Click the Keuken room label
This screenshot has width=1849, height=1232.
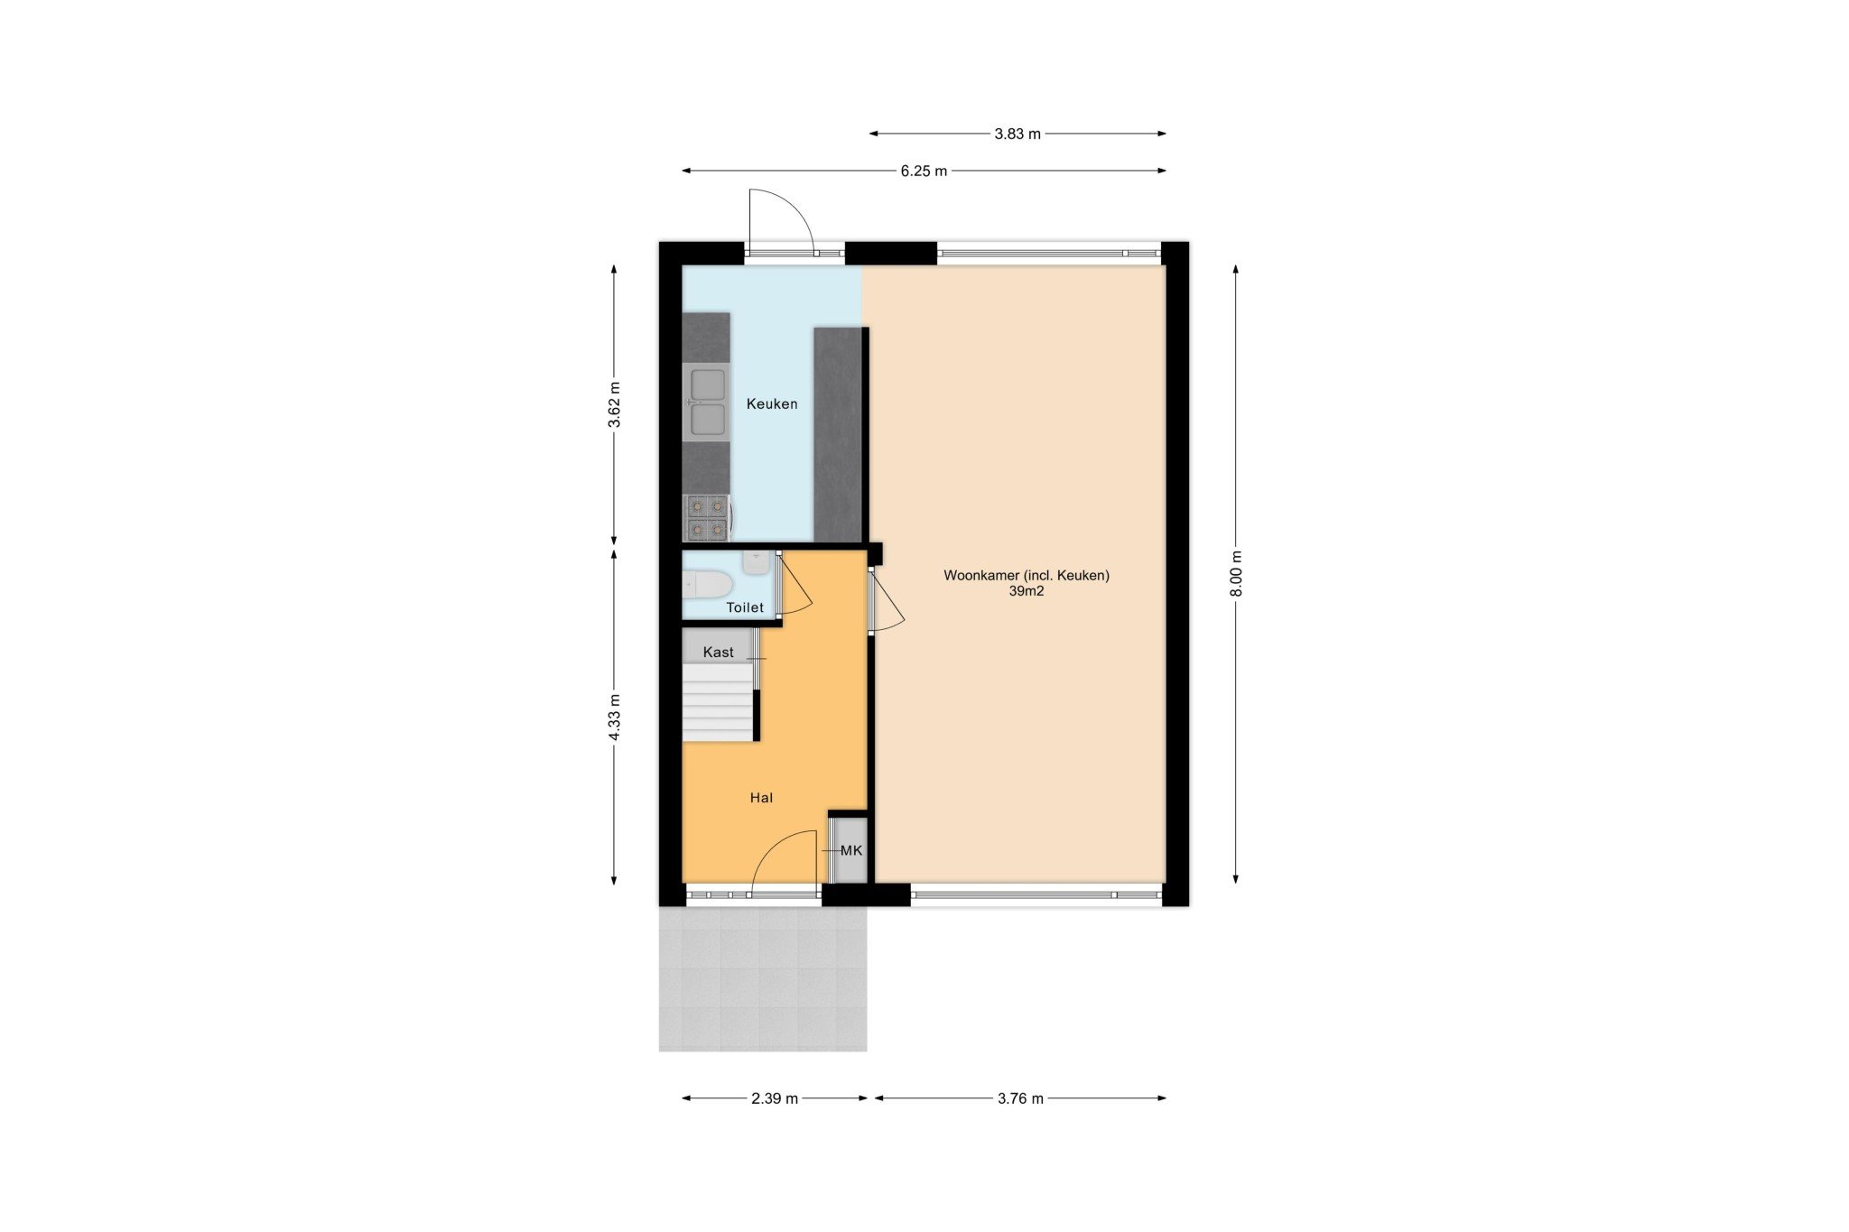[772, 404]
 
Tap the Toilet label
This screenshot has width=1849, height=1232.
[745, 607]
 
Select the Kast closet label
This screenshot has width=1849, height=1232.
[719, 652]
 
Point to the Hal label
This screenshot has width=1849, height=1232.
[761, 798]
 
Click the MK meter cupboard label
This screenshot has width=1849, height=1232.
[851, 850]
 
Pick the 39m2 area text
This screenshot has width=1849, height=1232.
[1027, 592]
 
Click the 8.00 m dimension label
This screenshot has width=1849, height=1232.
[1237, 573]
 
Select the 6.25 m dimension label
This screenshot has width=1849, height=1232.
[924, 171]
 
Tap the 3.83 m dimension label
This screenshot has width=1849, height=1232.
[1017, 134]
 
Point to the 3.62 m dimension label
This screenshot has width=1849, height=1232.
[614, 405]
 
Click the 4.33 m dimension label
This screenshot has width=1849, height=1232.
[614, 718]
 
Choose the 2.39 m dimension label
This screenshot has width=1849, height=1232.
[775, 1098]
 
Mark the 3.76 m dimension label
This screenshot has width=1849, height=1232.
[1020, 1098]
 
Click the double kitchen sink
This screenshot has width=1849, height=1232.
[706, 403]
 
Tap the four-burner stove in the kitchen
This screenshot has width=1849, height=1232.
[706, 517]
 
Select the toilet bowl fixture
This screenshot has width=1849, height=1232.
[707, 585]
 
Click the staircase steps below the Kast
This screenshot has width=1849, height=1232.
[719, 702]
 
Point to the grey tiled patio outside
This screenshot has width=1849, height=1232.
[763, 979]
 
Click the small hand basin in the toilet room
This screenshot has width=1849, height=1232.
[757, 562]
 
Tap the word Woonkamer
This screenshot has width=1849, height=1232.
[981, 575]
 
